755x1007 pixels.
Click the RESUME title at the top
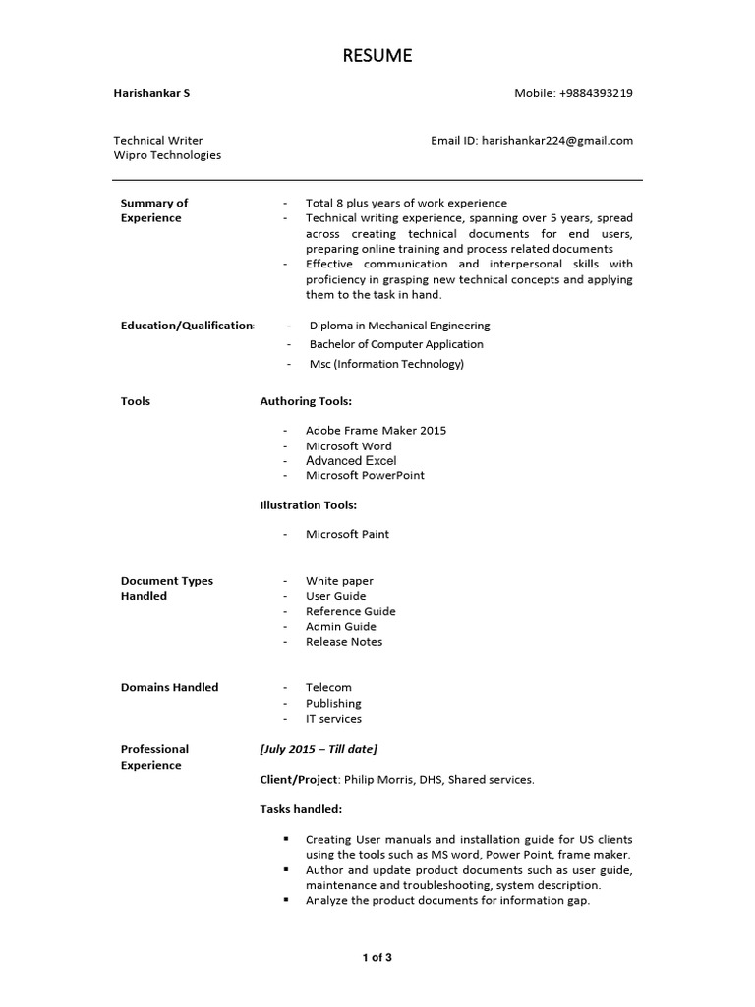pyautogui.click(x=377, y=56)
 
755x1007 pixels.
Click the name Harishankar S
pyautogui.click(x=151, y=93)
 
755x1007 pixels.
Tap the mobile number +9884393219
pyautogui.click(x=596, y=93)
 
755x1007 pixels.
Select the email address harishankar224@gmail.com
pyautogui.click(x=556, y=140)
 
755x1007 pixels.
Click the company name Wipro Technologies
pyautogui.click(x=167, y=155)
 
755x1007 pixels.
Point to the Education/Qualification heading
pyautogui.click(x=187, y=326)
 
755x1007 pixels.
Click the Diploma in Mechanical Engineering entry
pyautogui.click(x=399, y=326)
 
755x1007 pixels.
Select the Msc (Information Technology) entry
pyautogui.click(x=386, y=364)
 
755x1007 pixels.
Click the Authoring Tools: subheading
pyautogui.click(x=306, y=401)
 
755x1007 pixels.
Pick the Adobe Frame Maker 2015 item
pyautogui.click(x=376, y=431)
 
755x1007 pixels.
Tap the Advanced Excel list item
pyautogui.click(x=351, y=460)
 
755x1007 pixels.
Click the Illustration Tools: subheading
pyautogui.click(x=308, y=505)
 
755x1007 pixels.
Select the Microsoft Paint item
pyautogui.click(x=347, y=534)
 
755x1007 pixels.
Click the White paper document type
pyautogui.click(x=339, y=581)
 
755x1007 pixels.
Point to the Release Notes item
pyautogui.click(x=344, y=642)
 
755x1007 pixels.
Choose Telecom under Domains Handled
pyautogui.click(x=328, y=688)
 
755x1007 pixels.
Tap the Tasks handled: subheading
pyautogui.click(x=301, y=809)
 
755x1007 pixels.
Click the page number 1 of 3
pyautogui.click(x=377, y=957)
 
